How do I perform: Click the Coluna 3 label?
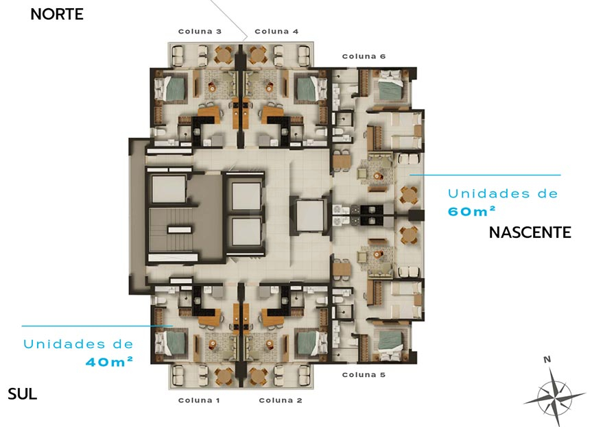tap(200, 32)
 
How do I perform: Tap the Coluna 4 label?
tap(276, 32)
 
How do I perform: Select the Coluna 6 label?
tap(364, 56)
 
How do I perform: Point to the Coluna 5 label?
tap(364, 375)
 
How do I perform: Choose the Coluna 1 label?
tap(199, 400)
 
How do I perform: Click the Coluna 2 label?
tap(281, 400)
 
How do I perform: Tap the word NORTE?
tap(57, 14)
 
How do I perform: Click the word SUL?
tap(22, 394)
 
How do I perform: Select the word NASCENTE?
tap(530, 232)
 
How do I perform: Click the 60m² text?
tap(471, 211)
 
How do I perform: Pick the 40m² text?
tap(109, 361)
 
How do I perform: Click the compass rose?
tap(554, 398)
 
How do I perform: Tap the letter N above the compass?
tap(547, 359)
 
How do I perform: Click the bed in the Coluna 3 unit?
tap(171, 88)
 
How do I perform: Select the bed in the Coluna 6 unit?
tap(392, 87)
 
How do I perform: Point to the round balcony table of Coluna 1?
tap(224, 376)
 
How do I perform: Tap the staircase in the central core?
tap(172, 230)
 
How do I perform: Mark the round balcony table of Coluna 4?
tap(257, 56)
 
